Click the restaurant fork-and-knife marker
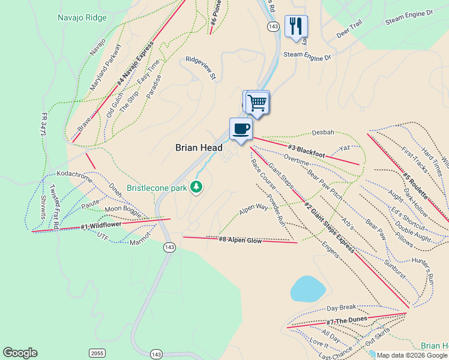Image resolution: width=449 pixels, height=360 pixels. (x=296, y=26)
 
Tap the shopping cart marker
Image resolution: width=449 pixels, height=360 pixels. (x=258, y=102)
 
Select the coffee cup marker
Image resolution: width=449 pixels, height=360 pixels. (x=241, y=128)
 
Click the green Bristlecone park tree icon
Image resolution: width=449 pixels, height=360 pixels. (x=196, y=188)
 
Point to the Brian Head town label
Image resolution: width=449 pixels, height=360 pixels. (x=199, y=148)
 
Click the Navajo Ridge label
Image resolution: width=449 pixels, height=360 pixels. (x=82, y=17)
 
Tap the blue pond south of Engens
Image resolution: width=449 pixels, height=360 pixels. (x=308, y=289)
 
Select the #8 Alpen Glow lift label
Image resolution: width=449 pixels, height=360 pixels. (x=240, y=240)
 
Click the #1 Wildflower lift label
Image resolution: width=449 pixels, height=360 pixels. (x=101, y=226)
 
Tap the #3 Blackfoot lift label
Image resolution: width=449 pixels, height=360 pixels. (x=306, y=151)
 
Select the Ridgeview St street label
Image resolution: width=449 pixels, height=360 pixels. (x=200, y=68)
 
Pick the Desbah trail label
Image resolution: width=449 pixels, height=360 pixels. (x=323, y=133)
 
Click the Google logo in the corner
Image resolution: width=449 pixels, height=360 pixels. (x=20, y=353)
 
